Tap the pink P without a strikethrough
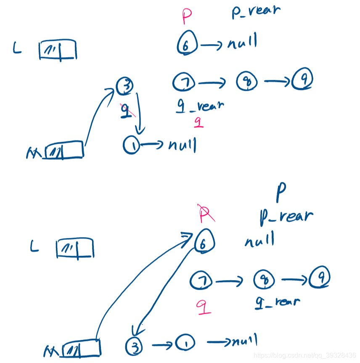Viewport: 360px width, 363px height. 187,17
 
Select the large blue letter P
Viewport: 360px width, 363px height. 281,193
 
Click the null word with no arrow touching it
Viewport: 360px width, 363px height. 259,241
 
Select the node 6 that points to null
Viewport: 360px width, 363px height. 186,44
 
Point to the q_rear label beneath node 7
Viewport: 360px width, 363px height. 199,106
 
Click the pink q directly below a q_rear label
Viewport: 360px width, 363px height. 199,122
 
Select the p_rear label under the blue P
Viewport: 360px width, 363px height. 286,216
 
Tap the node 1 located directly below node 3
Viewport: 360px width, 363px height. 131,145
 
